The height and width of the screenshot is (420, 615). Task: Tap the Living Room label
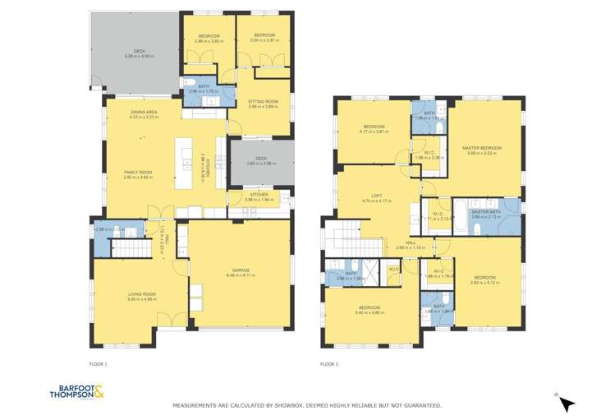(x=143, y=294)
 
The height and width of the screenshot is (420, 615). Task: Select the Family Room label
(x=137, y=172)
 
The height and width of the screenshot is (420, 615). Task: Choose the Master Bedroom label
(x=481, y=148)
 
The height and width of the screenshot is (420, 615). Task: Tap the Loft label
(x=377, y=195)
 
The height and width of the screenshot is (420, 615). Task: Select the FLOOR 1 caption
(x=98, y=363)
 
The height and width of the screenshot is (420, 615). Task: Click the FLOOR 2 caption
(x=328, y=363)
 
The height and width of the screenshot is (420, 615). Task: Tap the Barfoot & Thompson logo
(x=79, y=393)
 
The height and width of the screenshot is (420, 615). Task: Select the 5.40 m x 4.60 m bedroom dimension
(x=369, y=312)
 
